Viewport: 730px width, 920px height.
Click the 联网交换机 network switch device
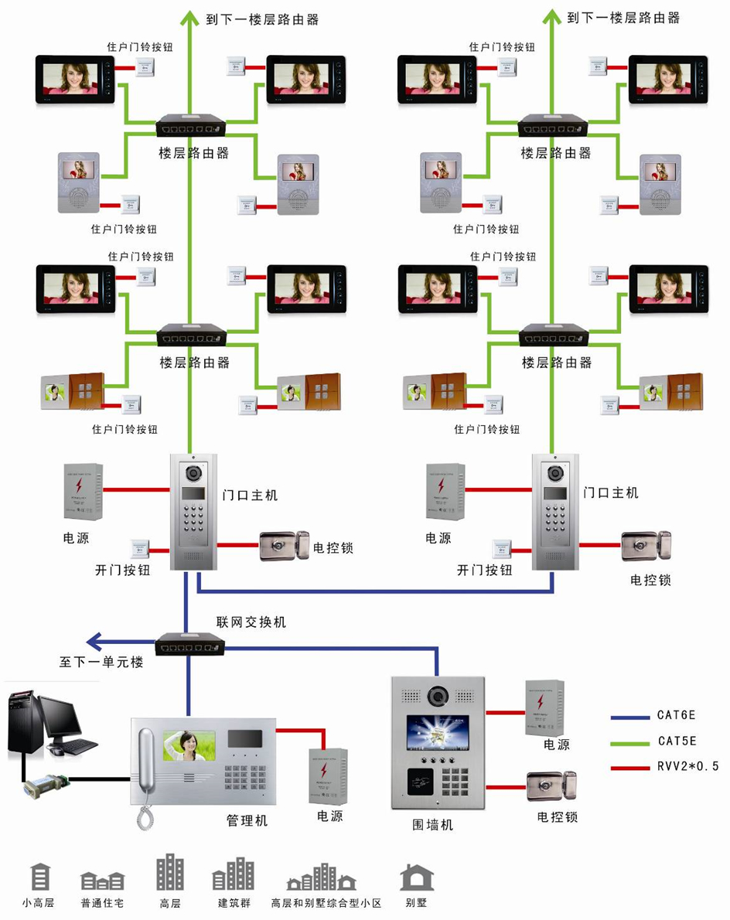point(190,643)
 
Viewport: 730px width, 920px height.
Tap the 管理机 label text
point(247,820)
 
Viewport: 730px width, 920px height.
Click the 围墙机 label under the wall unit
point(432,825)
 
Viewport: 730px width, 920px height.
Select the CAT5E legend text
point(677,741)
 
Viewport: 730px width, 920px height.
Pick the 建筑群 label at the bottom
point(233,902)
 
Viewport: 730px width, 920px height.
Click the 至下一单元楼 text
point(101,663)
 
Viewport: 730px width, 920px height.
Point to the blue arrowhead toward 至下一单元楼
point(93,641)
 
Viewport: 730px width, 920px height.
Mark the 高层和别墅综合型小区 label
point(326,902)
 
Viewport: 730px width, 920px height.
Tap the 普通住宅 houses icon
point(102,881)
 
